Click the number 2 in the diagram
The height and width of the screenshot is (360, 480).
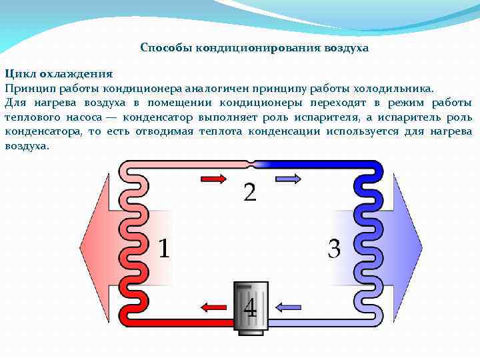point(249,192)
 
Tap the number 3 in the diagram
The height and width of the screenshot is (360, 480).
point(334,249)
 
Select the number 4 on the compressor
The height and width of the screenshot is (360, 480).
point(250,307)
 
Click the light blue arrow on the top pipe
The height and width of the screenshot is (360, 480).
point(288,179)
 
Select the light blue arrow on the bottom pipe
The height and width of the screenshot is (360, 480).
point(288,307)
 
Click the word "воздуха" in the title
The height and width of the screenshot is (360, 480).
point(347,49)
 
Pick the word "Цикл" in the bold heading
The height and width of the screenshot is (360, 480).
point(18,73)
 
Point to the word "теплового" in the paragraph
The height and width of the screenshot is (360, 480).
point(29,117)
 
